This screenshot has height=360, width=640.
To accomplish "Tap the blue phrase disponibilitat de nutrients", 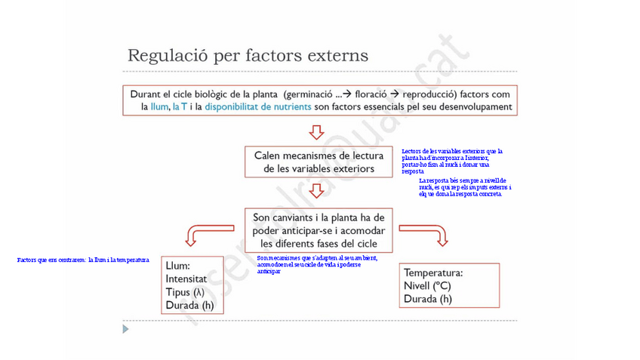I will coord(257,107).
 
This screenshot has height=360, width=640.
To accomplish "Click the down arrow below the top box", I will coord(318,132).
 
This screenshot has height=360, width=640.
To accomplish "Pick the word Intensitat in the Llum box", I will coord(186,279).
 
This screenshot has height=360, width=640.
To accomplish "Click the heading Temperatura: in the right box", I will coord(444,272).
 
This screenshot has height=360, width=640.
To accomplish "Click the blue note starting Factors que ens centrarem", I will coord(83,260).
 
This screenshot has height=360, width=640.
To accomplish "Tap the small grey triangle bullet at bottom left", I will coord(126,329).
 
